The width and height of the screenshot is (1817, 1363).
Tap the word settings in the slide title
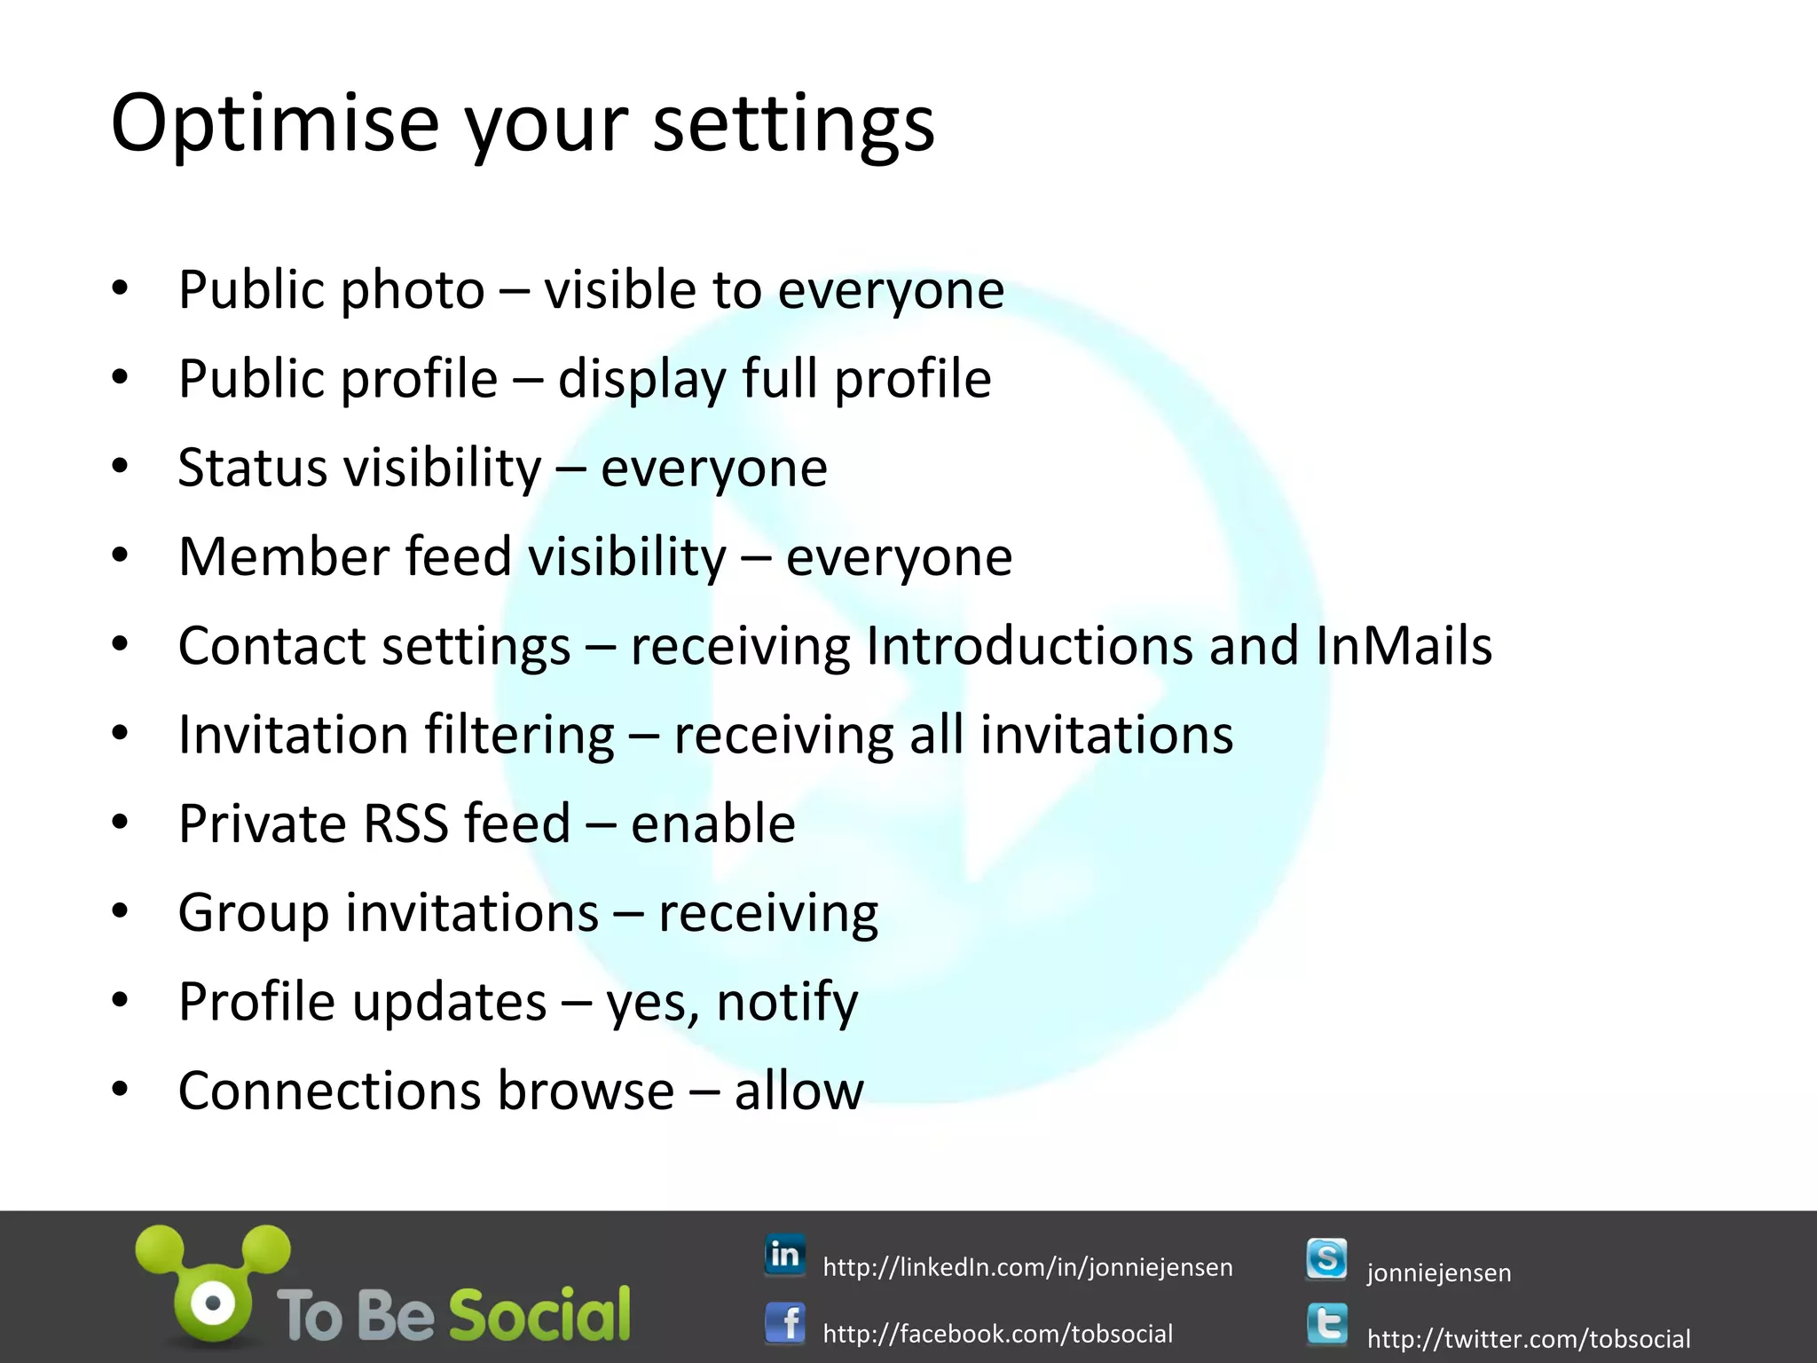point(793,124)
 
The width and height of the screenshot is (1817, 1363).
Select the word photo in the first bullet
point(413,291)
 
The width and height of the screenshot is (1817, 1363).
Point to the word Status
point(252,468)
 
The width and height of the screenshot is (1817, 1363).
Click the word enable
point(712,824)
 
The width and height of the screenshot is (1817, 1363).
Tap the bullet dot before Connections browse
point(121,1089)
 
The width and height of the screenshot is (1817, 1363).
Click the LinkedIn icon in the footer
point(785,1255)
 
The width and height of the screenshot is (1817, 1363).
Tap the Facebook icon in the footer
point(785,1324)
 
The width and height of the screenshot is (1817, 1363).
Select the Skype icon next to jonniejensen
point(1326,1259)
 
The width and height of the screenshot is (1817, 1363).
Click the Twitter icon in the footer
point(1326,1325)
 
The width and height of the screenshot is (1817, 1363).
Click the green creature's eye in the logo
point(214,1304)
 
